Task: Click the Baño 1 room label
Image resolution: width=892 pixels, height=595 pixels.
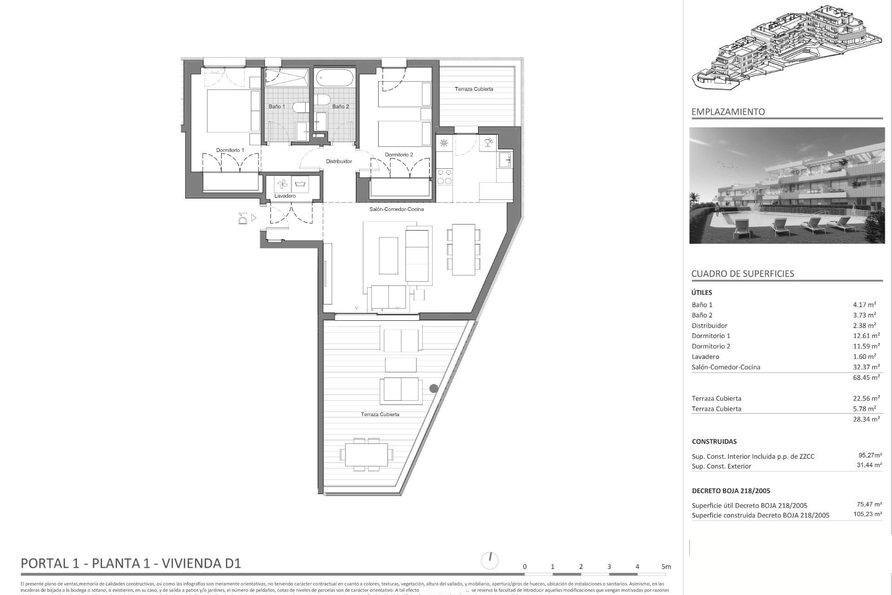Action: coord(276,106)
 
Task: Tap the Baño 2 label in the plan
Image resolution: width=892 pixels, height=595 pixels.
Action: coord(341,106)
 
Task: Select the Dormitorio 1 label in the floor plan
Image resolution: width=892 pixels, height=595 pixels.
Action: coord(230,150)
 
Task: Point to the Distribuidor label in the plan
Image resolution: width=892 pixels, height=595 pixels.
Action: coord(339,161)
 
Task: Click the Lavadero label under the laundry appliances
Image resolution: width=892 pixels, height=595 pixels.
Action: coord(285,196)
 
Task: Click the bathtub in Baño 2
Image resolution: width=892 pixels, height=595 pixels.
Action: coord(334,77)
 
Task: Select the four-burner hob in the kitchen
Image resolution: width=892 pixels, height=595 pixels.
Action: coord(444,176)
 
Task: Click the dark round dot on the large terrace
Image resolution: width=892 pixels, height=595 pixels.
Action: coord(433,388)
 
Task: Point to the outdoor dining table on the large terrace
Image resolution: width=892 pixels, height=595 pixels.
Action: coord(366,455)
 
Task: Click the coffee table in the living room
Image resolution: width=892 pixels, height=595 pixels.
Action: coord(388,256)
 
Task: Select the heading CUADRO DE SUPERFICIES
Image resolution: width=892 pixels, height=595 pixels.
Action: coord(742,273)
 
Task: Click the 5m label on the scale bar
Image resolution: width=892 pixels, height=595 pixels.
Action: coord(666,567)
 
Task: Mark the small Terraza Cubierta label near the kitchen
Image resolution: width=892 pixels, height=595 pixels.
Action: coord(473,89)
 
